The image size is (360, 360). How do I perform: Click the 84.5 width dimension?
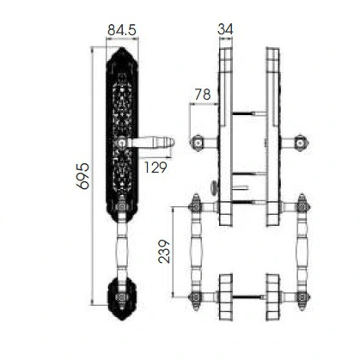coord(122,30)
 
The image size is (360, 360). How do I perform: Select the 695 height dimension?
coord(83,176)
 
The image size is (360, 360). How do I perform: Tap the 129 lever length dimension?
coord(155,168)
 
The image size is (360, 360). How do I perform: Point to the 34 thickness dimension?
coord(225,29)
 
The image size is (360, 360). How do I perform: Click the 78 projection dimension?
coord(203,95)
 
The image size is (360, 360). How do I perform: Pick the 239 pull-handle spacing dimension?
coord(164,252)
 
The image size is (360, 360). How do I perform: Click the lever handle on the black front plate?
coord(147,142)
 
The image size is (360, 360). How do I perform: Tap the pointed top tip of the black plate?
coord(122,48)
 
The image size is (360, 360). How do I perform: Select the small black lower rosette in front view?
coord(122,298)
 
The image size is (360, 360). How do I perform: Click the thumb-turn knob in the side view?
coord(215,187)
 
